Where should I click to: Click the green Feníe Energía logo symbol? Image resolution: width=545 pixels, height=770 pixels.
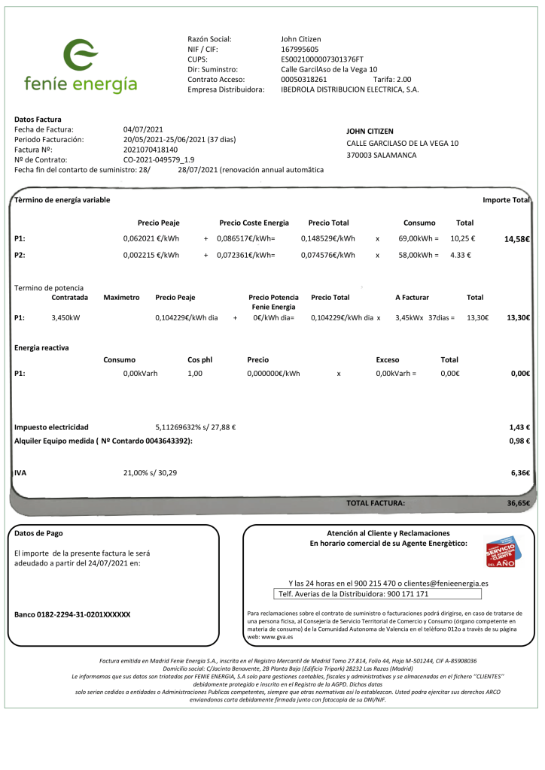click(80, 55)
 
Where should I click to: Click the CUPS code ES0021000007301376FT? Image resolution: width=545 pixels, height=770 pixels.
click(321, 59)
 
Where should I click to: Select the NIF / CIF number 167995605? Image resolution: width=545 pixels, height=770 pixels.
click(300, 49)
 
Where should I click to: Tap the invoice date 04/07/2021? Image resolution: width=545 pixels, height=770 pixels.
click(143, 129)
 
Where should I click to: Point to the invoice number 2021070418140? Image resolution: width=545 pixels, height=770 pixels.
click(151, 150)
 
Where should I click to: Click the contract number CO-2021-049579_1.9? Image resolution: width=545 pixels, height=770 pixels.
click(159, 159)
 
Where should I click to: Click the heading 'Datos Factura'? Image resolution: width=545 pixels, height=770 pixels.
click(38, 119)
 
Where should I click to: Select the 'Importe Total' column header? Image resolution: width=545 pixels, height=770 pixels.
click(506, 200)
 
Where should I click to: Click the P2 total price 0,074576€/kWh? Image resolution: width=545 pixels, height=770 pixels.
click(327, 255)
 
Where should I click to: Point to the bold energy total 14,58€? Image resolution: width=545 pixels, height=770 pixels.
click(517, 239)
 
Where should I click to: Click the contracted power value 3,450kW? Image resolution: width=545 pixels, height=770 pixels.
click(67, 317)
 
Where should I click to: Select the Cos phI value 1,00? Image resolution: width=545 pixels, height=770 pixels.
click(195, 373)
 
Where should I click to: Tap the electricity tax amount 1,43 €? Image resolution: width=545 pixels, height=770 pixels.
click(519, 427)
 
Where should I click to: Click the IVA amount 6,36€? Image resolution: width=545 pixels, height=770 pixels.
click(520, 473)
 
